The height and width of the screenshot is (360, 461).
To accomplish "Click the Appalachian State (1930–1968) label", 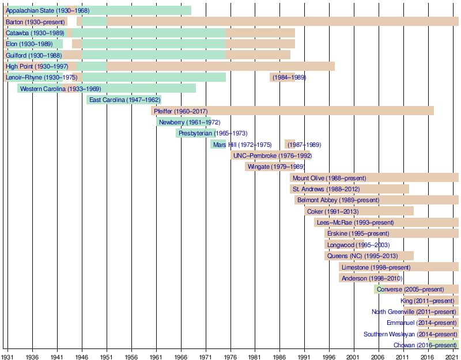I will click(x=47, y=10).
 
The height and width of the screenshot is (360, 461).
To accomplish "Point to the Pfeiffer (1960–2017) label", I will click(x=181, y=111).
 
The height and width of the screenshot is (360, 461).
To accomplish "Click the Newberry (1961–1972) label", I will click(x=182, y=122).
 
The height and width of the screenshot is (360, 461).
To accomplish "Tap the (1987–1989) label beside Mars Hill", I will click(x=304, y=145).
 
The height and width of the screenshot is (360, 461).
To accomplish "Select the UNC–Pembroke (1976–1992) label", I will click(x=273, y=156).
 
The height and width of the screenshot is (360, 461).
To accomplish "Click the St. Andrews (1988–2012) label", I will click(x=326, y=189).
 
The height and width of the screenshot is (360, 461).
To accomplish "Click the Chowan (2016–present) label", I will click(x=425, y=345).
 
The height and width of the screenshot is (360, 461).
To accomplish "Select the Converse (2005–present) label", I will click(x=410, y=289).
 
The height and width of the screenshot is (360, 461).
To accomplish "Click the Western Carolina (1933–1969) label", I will click(x=61, y=89).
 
